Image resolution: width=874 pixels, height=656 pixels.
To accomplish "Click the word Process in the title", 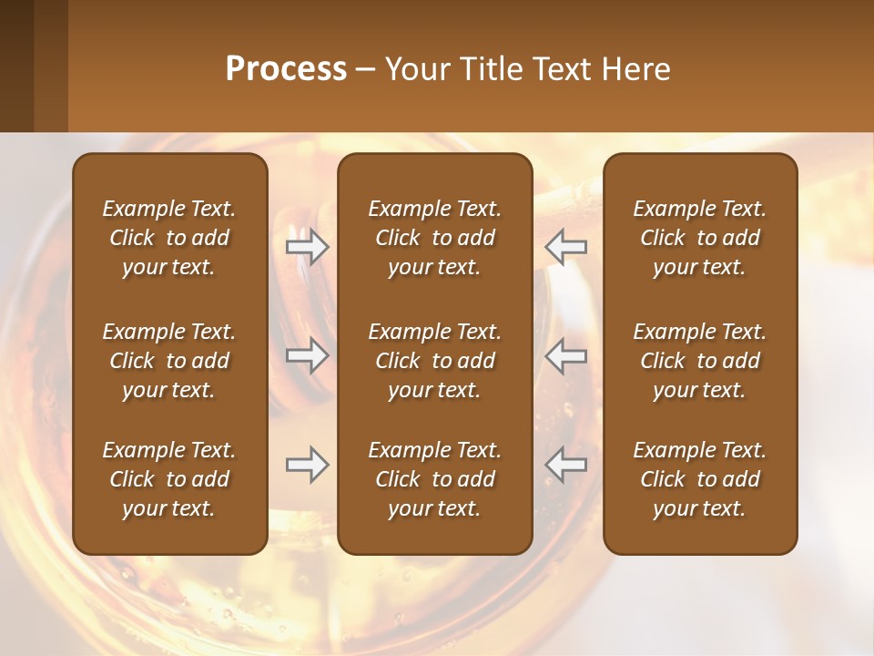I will (x=286, y=69).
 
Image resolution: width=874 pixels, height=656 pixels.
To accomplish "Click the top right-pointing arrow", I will (x=308, y=247).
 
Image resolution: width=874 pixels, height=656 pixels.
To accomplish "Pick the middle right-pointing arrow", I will (x=308, y=355).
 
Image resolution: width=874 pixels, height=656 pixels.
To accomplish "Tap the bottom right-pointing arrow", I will (x=308, y=465).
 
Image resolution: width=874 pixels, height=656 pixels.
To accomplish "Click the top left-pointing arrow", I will (x=566, y=247).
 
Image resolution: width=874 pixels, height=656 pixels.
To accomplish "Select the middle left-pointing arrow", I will (x=566, y=355).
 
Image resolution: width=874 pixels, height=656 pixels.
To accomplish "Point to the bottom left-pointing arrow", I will (x=566, y=465).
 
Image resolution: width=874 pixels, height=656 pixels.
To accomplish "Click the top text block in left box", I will (x=169, y=238).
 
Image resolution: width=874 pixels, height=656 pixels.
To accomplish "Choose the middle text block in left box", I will (x=169, y=361).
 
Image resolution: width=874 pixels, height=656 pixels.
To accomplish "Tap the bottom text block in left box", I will (x=169, y=479).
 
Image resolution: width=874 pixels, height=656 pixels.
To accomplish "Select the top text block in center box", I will (x=434, y=238).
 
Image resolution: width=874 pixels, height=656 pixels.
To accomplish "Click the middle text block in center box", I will (x=434, y=361).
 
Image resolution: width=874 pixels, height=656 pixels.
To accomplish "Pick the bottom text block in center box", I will (x=434, y=479).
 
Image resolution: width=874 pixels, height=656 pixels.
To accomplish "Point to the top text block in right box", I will (x=699, y=238).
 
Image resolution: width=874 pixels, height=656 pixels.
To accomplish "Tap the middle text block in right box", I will (x=699, y=361).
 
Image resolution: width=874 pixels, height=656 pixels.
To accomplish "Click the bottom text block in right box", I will (x=699, y=479).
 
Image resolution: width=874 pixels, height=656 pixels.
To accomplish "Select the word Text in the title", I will (x=560, y=69).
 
